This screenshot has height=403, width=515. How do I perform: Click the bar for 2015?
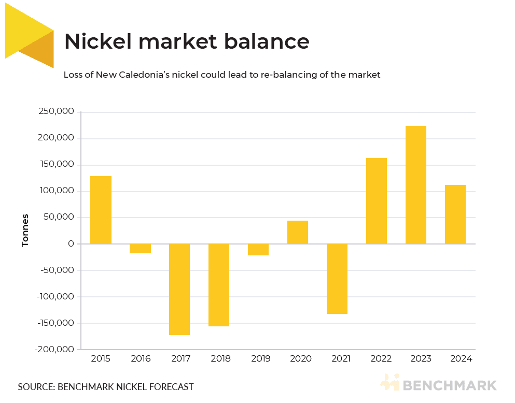click(x=101, y=210)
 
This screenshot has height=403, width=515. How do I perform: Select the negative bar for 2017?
click(x=179, y=289)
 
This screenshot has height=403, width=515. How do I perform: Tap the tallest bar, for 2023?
click(x=416, y=185)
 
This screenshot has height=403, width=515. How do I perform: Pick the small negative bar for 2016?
click(x=140, y=249)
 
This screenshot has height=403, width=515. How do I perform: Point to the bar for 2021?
click(x=337, y=279)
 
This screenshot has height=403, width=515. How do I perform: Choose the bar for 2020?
click(x=298, y=232)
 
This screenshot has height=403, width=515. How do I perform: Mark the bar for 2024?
click(x=455, y=214)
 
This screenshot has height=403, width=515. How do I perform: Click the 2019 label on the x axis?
click(x=258, y=358)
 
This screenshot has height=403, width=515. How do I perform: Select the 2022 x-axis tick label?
click(x=377, y=358)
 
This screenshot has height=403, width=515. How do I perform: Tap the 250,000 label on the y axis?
click(x=56, y=112)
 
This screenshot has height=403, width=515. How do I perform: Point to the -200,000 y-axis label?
click(x=55, y=350)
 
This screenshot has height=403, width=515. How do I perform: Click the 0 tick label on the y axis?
click(x=71, y=244)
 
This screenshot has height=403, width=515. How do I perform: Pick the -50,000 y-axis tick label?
click(x=57, y=270)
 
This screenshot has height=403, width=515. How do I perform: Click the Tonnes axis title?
click(x=25, y=230)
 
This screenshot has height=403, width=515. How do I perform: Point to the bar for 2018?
click(x=219, y=285)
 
